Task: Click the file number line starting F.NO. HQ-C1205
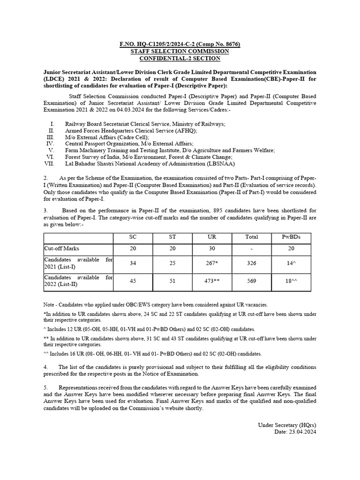pos(180,44)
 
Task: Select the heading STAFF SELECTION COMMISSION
pos(180,51)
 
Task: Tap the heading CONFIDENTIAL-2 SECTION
pos(180,58)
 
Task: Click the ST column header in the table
pos(172,237)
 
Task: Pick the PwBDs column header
pos(291,237)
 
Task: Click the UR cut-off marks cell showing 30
pos(212,248)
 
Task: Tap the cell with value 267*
pos(212,263)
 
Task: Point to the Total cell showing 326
pos(252,263)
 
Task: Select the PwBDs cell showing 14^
pos(291,263)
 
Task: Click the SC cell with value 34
pos(133,263)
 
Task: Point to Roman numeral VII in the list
pos(49,164)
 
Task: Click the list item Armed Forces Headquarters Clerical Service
pos(131,130)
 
